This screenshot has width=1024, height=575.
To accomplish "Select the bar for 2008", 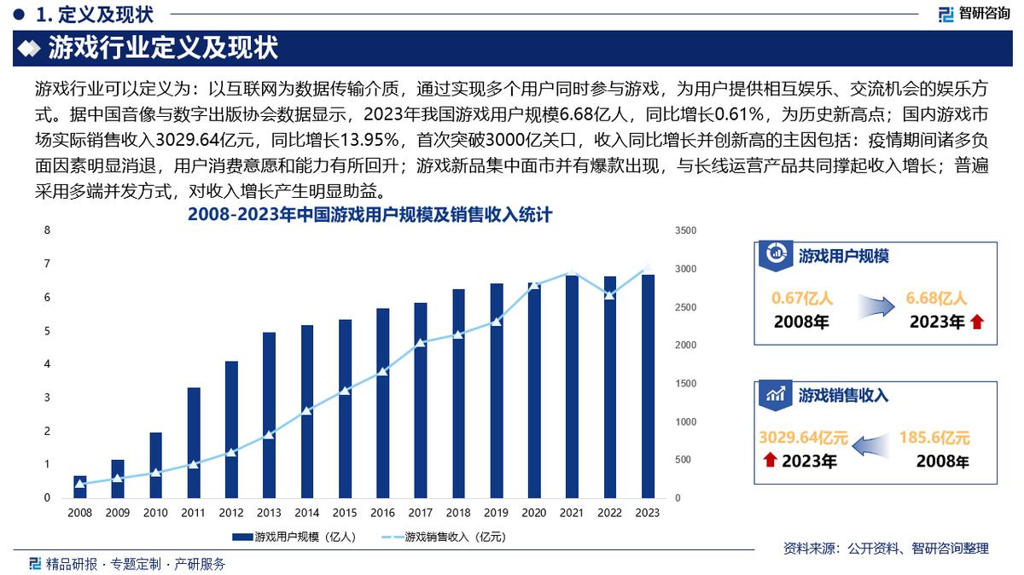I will [80, 487].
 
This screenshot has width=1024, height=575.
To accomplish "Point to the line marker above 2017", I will [420, 342].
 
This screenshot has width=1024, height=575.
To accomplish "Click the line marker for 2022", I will [609, 295].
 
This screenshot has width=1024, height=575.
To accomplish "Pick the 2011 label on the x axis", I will [193, 513].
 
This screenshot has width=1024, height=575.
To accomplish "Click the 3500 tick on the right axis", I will [685, 230].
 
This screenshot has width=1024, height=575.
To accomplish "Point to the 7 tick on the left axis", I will [48, 264].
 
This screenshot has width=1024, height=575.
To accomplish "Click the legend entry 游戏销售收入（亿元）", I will [445, 537].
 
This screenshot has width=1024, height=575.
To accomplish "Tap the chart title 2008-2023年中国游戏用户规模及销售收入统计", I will [369, 216].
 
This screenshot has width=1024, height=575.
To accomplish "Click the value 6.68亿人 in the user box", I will [936, 299].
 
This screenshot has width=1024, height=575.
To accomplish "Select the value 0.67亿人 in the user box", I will [802, 299].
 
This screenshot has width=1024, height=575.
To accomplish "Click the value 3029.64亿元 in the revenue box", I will [803, 439].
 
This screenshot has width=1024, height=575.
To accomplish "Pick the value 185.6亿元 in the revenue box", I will [934, 439].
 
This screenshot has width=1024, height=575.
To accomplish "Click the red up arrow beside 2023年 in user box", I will [977, 322].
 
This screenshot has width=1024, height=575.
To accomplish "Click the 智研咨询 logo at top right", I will [974, 13].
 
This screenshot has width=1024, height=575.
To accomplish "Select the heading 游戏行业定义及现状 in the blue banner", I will [163, 48].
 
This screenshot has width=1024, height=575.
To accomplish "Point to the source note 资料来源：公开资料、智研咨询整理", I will [886, 549].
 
